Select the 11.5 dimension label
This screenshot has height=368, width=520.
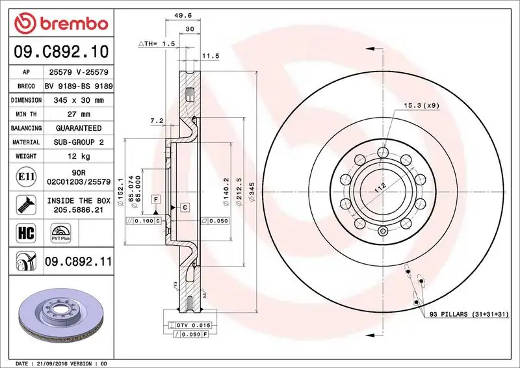pyautogui.click(x=209, y=57)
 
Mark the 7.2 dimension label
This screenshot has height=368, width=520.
pyautogui.click(x=156, y=121)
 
